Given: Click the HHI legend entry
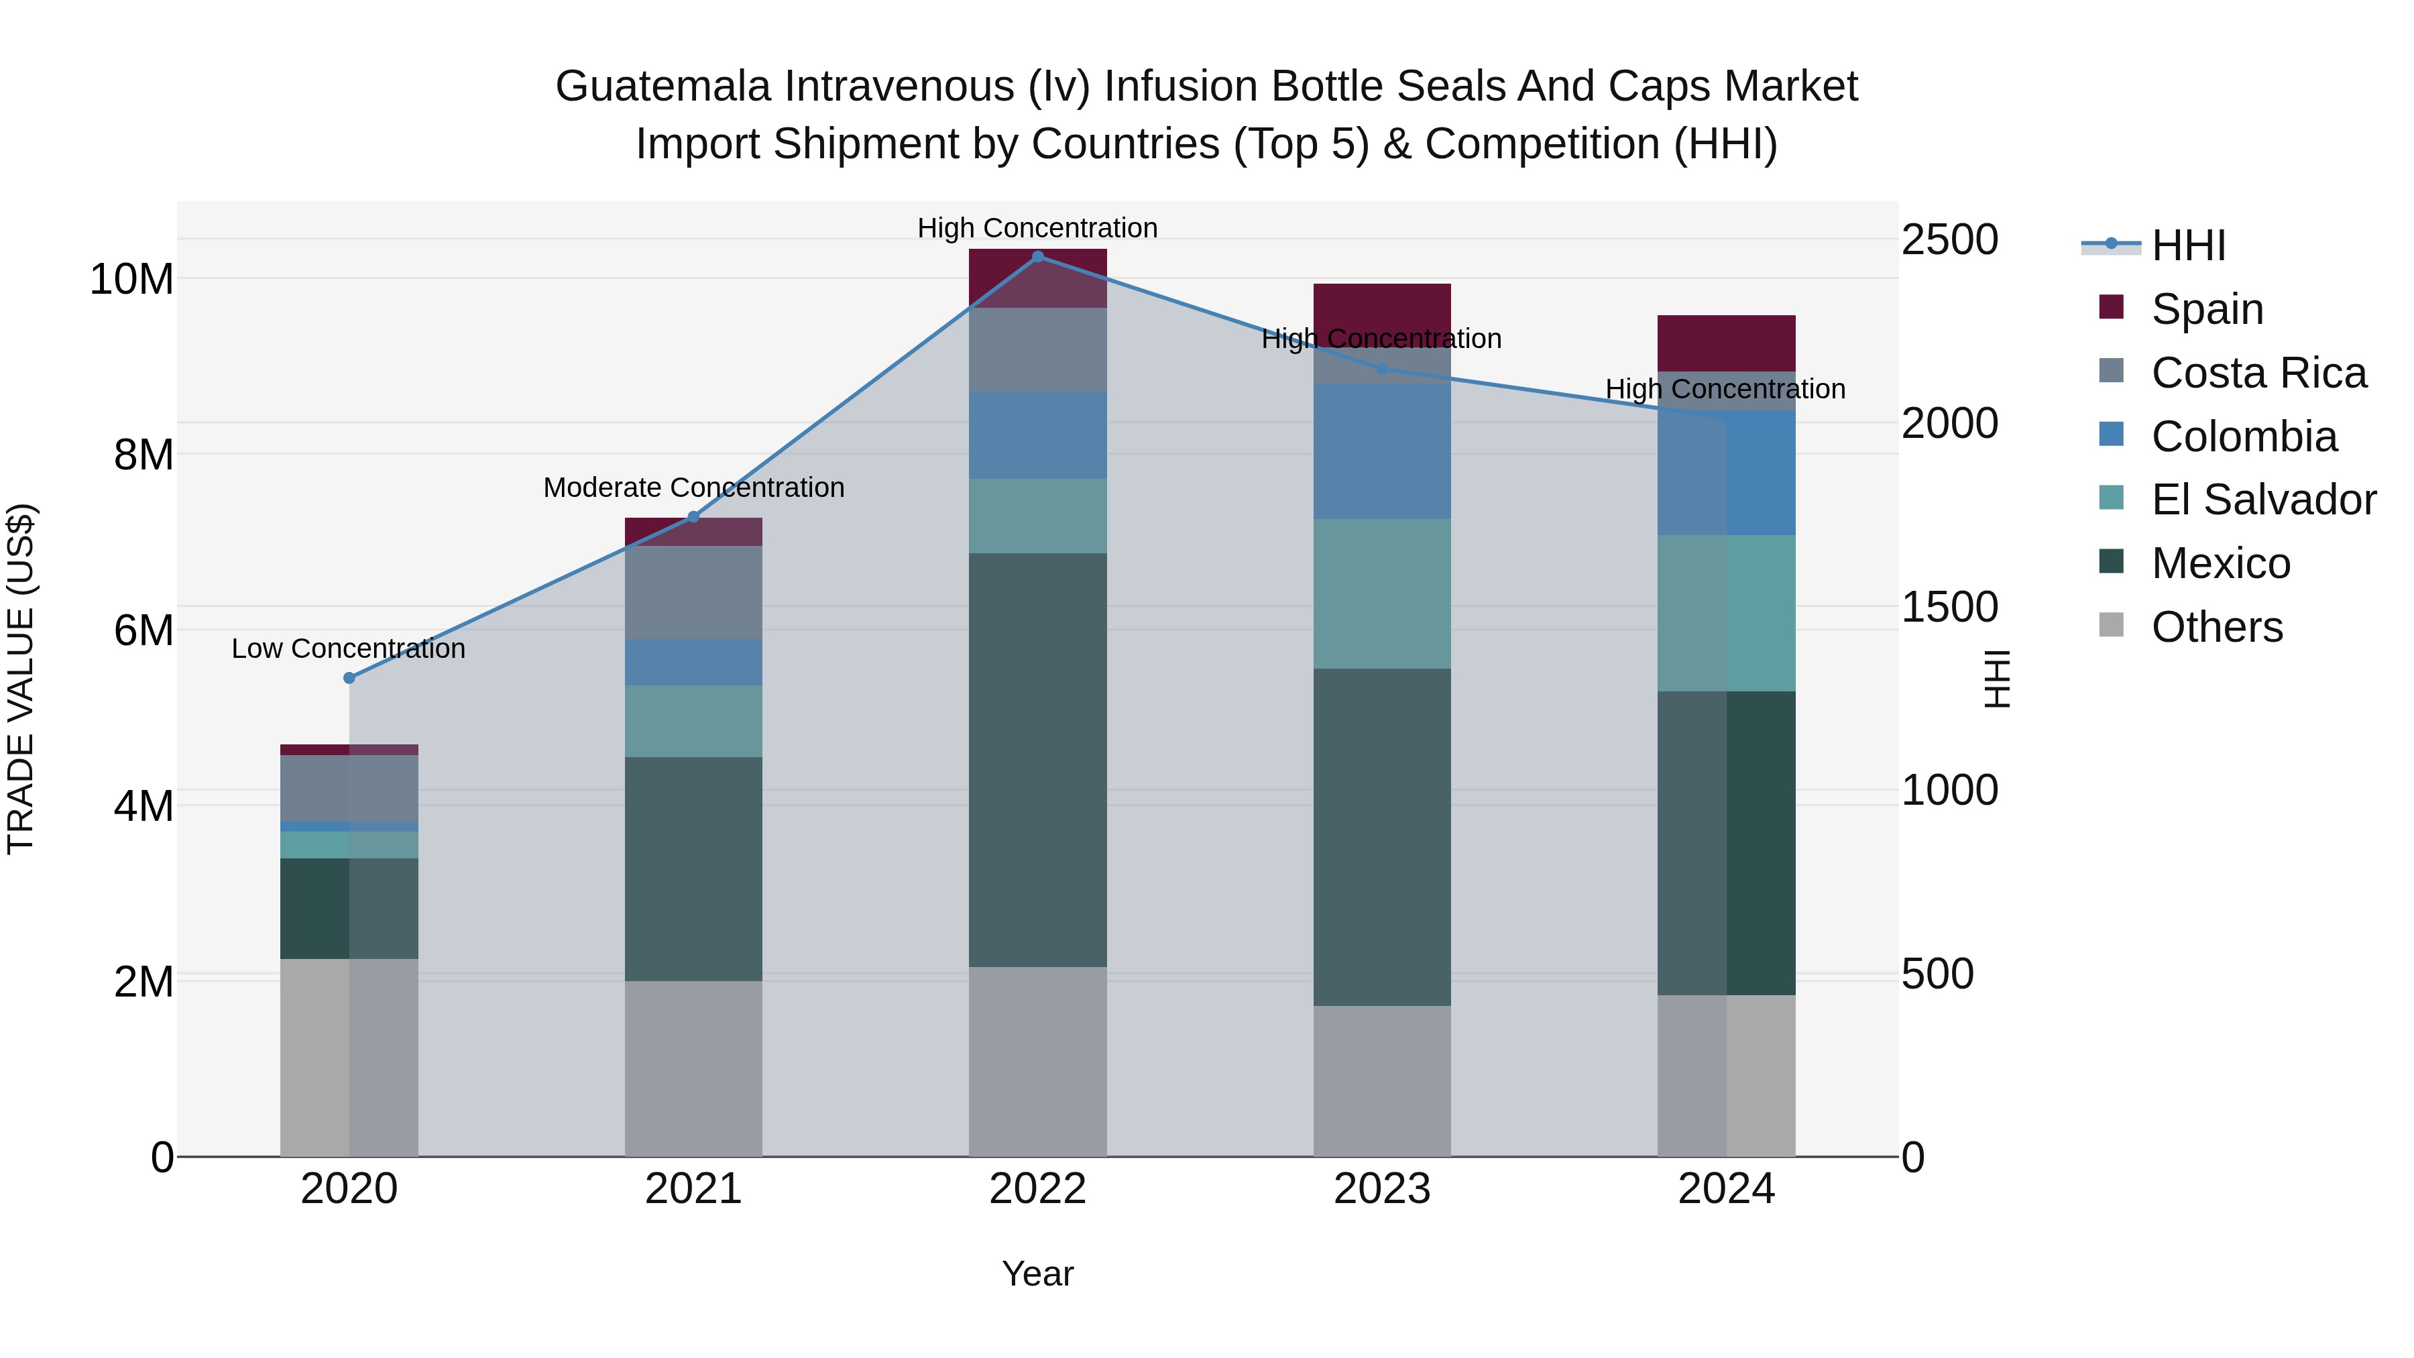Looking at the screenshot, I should [2187, 245].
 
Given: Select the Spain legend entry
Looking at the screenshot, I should [2207, 309].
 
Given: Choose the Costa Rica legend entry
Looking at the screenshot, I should [2258, 373].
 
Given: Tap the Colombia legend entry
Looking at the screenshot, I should [2244, 437].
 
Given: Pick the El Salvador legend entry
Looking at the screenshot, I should [2263, 500].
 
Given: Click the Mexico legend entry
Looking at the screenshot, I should [2220, 563].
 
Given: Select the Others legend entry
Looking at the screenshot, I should [2216, 627].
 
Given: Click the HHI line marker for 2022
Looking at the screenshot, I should [1037, 256].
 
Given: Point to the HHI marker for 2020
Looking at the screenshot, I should [349, 677].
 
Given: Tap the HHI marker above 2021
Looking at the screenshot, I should [693, 516].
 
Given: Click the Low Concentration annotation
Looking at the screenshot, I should [349, 648].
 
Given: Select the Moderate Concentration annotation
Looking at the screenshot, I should [693, 488].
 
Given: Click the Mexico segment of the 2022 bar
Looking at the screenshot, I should [1037, 759].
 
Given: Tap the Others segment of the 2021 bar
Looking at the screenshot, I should [693, 1068].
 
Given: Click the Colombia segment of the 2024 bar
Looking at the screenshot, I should [1726, 473].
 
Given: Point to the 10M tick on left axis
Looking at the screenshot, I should [131, 279].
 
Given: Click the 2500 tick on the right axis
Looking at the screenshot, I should [1950, 240].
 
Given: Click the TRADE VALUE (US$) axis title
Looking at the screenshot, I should [21, 679].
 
